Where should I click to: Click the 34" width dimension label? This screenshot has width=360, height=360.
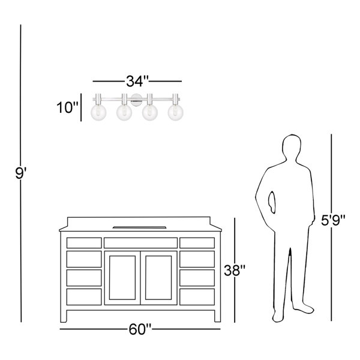coord(137,81)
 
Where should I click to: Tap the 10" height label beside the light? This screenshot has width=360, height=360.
coord(67,107)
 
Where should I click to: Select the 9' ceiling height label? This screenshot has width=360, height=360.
coord(21,173)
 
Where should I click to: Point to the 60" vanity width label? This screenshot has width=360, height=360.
coord(140,329)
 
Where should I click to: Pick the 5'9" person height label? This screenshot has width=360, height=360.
coord(333,220)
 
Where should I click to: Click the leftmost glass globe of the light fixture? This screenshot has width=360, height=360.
coord(98,113)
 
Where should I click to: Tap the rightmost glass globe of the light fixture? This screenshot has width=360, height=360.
coord(175,113)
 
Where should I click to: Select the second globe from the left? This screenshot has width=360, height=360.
coord(124,113)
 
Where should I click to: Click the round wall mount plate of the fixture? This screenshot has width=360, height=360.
coord(136,100)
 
